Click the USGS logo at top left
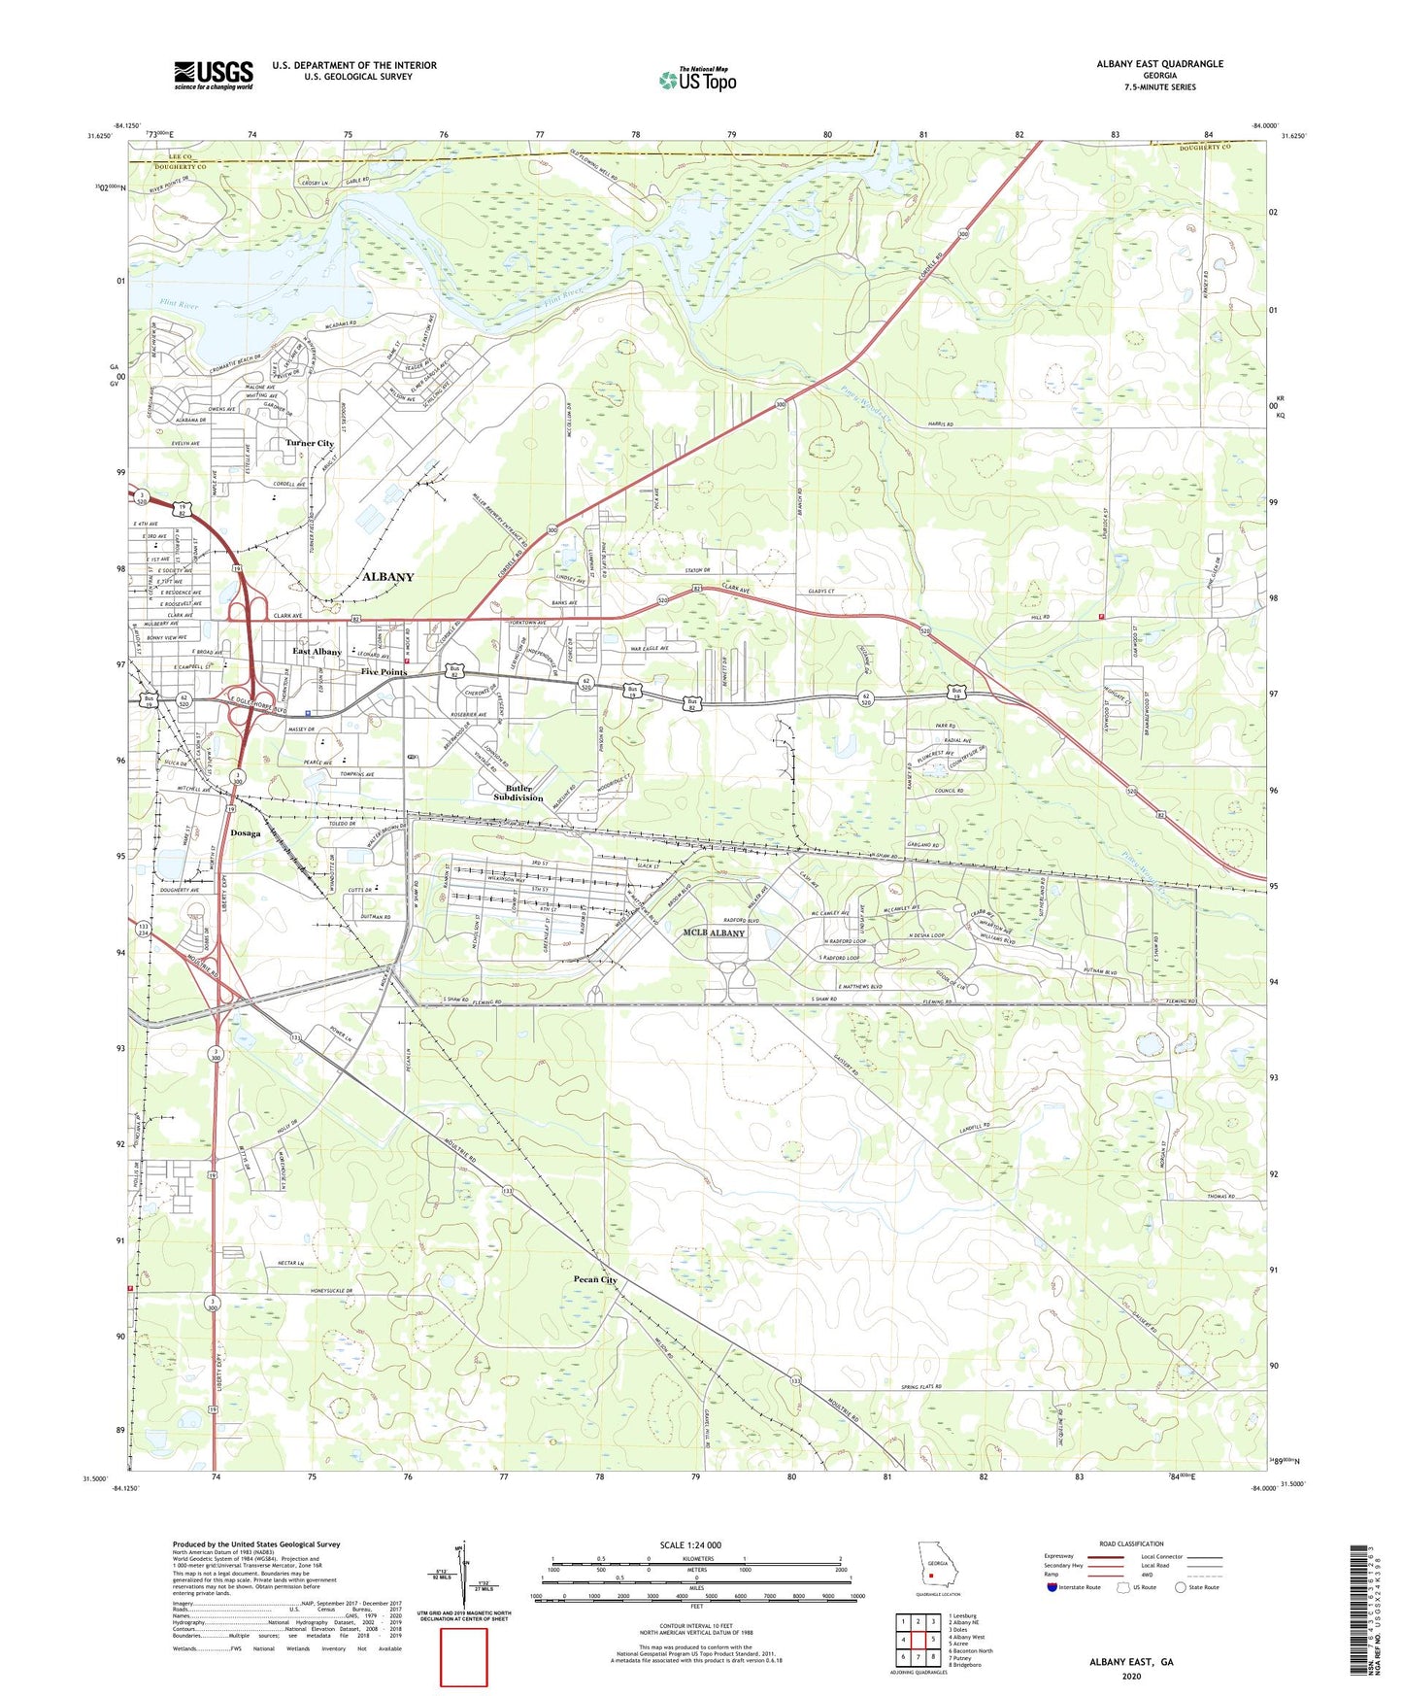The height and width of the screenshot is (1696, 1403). pos(213,75)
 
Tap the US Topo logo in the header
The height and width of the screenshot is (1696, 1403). pos(697,80)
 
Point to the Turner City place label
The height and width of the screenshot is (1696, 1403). pos(310,443)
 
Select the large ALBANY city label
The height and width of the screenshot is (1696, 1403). pos(387,576)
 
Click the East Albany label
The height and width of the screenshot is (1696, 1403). pos(317,652)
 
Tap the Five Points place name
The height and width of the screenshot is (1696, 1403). pos(384,672)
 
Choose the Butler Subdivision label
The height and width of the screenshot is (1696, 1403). pos(518,793)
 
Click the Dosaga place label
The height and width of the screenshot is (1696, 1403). pos(246,832)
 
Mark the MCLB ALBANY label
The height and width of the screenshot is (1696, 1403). pos(714,933)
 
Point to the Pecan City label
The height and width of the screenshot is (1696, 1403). pos(595,1279)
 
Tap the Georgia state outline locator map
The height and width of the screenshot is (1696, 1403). pos(937,1567)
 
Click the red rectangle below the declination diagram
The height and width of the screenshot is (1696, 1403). pos(464,1657)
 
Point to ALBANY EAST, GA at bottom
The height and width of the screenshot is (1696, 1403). pos(1131,1662)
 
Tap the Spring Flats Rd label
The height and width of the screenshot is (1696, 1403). pos(921,1386)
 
